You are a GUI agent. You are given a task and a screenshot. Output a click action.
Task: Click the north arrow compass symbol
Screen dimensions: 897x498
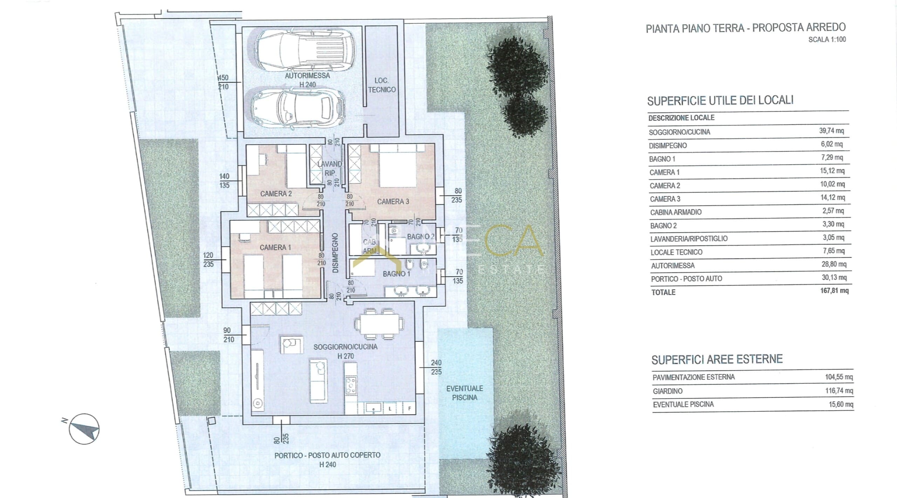pos(84,429)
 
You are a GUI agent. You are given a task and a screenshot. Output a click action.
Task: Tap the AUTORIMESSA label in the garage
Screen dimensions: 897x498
pos(307,75)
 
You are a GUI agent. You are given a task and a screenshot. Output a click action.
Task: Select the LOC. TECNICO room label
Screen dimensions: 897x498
pos(382,85)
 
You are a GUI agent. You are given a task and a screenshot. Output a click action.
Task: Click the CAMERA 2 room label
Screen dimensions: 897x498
pos(276,194)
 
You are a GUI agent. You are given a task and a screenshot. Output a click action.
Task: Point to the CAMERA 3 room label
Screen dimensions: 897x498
pos(393,202)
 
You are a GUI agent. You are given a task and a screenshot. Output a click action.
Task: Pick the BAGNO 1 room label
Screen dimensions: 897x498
pos(396,274)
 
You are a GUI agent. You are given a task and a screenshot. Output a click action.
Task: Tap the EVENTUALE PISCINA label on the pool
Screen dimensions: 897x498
pos(465,393)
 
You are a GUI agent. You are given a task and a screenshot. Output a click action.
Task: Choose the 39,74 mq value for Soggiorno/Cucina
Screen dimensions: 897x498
pos(831,131)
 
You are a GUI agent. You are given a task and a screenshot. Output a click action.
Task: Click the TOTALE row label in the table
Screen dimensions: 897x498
pos(663,292)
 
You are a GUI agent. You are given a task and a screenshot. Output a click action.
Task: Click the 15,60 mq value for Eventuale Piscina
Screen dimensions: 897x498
pos(841,404)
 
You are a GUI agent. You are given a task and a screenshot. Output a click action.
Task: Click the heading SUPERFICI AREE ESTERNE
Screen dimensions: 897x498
pos(717,359)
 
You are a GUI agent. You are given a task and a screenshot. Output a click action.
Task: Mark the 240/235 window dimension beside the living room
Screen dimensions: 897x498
pos(436,367)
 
